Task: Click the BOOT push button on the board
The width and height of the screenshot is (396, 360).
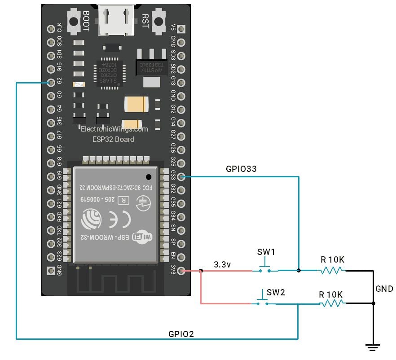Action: (71, 21)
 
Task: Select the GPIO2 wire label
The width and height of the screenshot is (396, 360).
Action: (181, 334)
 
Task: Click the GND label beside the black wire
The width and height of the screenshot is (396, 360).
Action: (384, 289)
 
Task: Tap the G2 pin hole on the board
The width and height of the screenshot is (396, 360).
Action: (51, 83)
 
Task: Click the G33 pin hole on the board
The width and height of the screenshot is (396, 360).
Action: (181, 177)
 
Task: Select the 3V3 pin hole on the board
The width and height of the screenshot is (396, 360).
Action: (181, 271)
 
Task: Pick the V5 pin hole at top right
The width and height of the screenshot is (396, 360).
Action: (181, 29)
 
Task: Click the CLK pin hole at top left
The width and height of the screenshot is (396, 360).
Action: (51, 29)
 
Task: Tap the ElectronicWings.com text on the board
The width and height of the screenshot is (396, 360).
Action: (114, 129)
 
